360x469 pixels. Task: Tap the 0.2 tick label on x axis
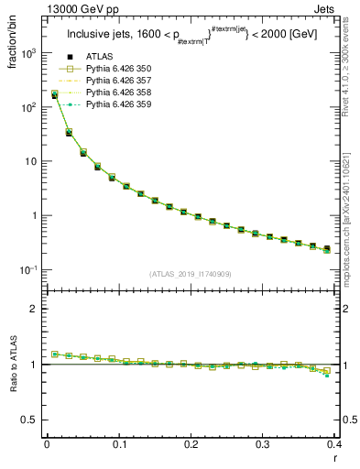click(x=191, y=444)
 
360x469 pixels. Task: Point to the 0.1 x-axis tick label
click(x=118, y=444)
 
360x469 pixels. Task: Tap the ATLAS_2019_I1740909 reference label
click(x=191, y=274)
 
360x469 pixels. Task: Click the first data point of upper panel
click(x=54, y=94)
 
